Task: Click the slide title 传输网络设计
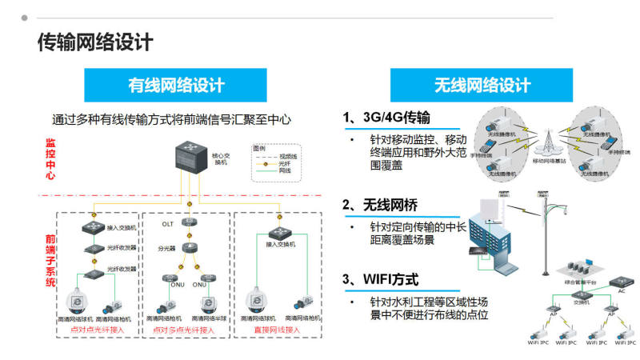tap(95, 42)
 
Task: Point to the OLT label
tap(167, 224)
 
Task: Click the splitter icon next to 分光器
tap(191, 248)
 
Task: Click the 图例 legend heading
tap(258, 148)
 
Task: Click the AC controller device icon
tap(619, 282)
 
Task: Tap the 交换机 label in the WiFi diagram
tap(582, 303)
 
